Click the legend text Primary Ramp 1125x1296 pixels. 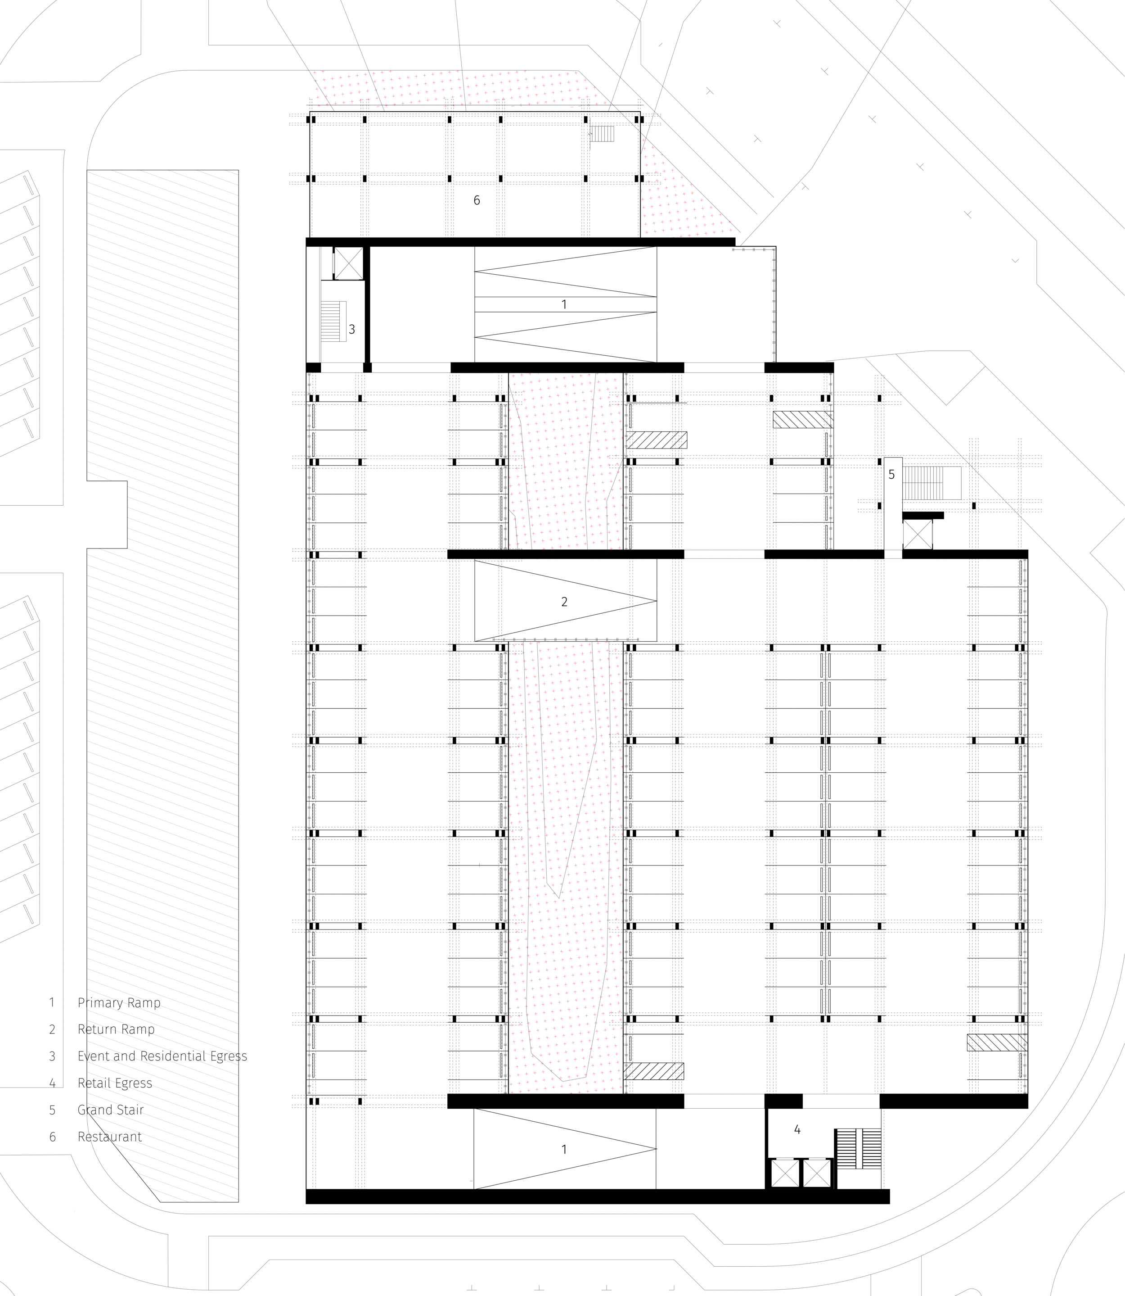pos(119,1003)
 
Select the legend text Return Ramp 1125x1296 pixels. pos(116,1029)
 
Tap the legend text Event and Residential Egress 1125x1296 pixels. pos(162,1056)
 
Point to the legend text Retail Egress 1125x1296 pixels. pos(115,1083)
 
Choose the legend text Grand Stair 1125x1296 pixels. pos(111,1110)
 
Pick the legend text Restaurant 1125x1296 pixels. pos(109,1137)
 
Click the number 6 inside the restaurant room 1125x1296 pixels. pos(477,200)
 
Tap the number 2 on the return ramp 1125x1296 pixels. pos(564,602)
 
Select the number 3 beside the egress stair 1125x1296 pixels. pos(351,329)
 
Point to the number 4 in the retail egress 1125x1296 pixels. pos(796,1129)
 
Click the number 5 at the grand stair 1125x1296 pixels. pos(891,475)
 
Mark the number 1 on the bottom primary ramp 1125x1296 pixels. pos(564,1150)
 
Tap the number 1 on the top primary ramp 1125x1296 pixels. pos(564,305)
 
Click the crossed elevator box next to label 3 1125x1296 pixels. pos(348,263)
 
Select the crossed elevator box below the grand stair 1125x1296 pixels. pos(917,535)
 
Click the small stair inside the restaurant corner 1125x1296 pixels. pos(601,133)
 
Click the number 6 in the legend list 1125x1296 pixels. pos(53,1137)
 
